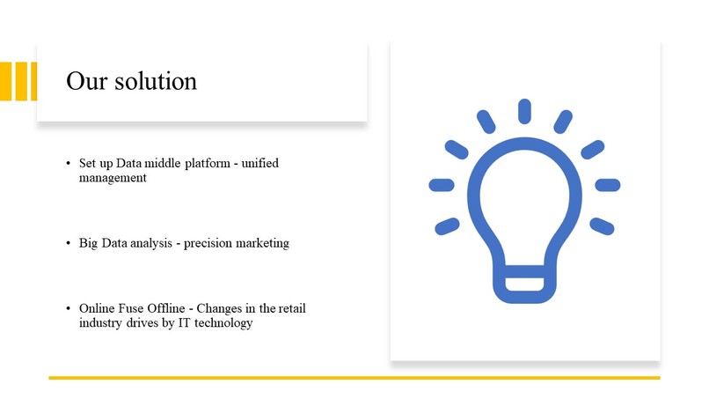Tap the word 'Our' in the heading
87,81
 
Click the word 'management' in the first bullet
113,177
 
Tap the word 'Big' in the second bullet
88,243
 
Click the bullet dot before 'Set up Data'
68,165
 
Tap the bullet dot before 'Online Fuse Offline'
68,310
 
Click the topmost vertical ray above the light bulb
524,111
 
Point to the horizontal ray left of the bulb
442,185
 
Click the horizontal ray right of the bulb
608,185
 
